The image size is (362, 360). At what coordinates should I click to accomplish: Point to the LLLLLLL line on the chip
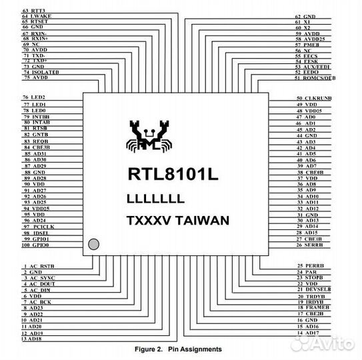click(155, 198)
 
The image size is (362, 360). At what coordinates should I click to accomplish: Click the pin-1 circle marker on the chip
click(93, 245)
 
